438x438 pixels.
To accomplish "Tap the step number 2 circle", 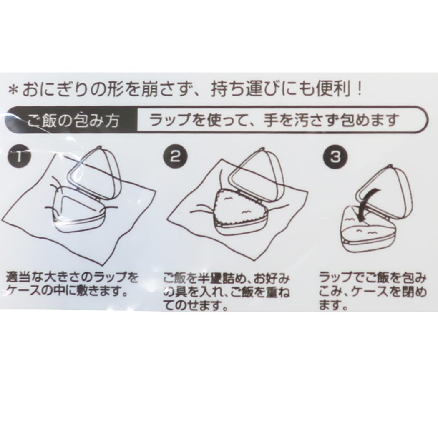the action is coord(176,156).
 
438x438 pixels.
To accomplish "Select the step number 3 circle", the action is coord(335,157).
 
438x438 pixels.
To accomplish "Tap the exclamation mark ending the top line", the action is coord(359,89).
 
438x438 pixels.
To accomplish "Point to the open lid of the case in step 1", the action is coord(95,173).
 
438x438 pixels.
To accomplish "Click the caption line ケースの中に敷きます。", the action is coord(67,292).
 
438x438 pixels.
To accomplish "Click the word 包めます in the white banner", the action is coord(369,121).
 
